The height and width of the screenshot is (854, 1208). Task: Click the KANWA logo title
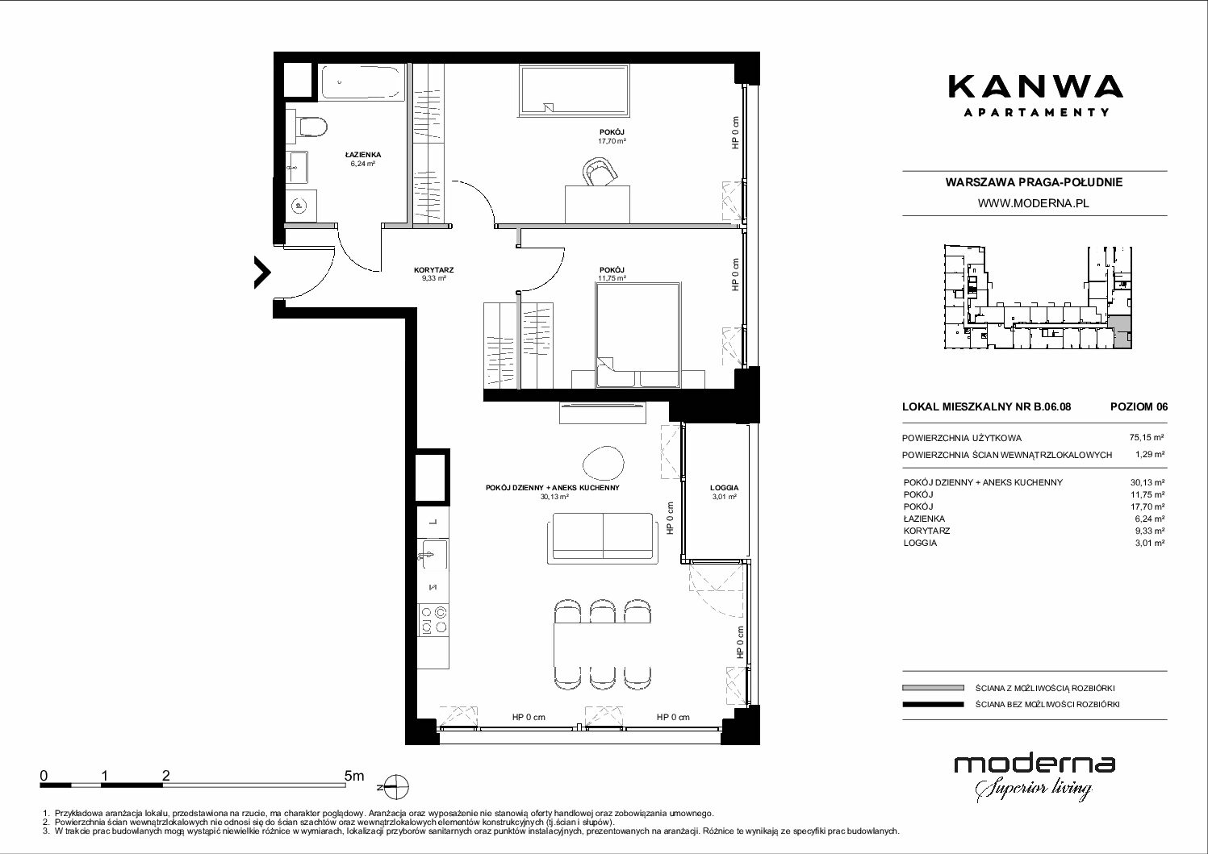1035,87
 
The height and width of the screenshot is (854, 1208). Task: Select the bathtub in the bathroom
362,82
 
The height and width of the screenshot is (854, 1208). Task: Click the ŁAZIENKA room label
362,155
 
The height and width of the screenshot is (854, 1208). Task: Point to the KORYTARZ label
433,270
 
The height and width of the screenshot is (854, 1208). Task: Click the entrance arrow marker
262,273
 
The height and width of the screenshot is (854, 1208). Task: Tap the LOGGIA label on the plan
725,488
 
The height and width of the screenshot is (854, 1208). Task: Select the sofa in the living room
603,538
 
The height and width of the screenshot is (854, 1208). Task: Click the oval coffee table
604,462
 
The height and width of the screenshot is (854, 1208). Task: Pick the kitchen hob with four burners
433,619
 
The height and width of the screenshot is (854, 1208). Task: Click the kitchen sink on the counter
433,555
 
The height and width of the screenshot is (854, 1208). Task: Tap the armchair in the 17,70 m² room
599,172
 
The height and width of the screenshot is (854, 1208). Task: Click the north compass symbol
396,786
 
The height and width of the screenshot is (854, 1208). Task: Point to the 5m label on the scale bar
354,775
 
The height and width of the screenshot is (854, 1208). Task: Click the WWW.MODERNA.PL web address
1033,203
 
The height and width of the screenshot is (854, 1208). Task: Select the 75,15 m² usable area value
1147,438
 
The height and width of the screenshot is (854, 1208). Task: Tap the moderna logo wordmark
1035,765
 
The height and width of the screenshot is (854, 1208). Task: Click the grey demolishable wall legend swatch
933,688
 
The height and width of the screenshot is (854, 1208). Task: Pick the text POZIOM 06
1139,406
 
